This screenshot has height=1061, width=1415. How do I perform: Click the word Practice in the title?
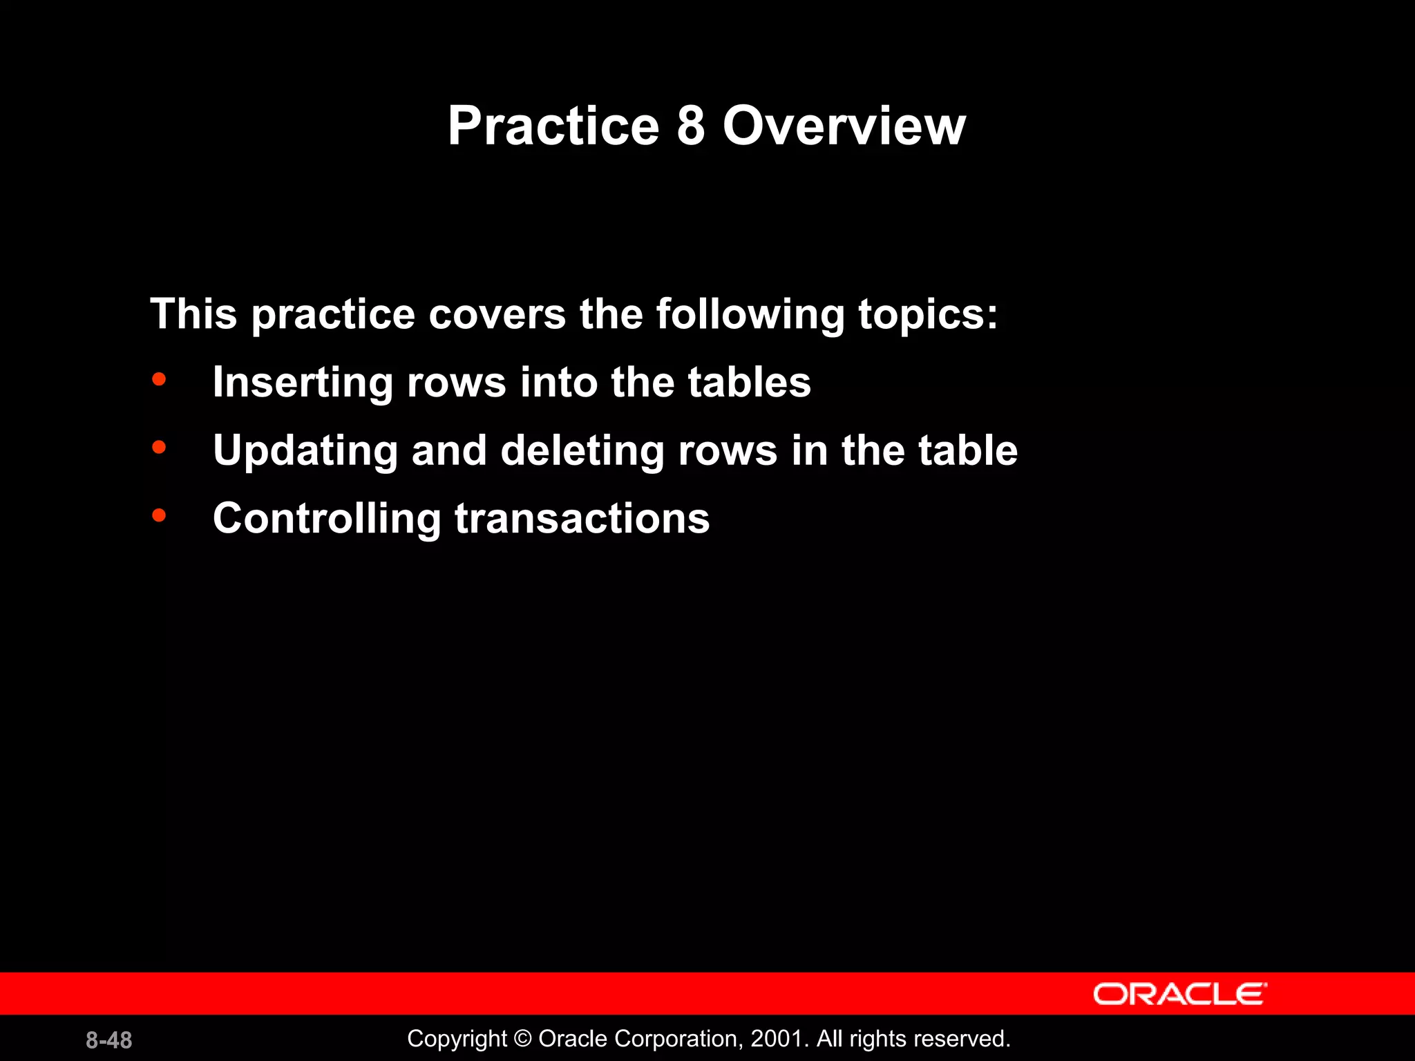pyautogui.click(x=553, y=126)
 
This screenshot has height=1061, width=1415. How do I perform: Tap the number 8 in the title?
pyautogui.click(x=690, y=126)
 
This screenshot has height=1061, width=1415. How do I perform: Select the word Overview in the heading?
pyautogui.click(x=844, y=126)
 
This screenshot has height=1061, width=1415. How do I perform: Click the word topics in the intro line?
pyautogui.click(x=927, y=314)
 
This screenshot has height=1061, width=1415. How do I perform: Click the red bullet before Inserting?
pyautogui.click(x=160, y=379)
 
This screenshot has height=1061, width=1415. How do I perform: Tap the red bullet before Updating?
pyautogui.click(x=160, y=448)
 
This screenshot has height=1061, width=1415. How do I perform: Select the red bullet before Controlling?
pyautogui.click(x=160, y=515)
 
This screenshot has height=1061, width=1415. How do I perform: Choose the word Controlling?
pyautogui.click(x=327, y=518)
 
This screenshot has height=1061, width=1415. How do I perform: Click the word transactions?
pyautogui.click(x=582, y=518)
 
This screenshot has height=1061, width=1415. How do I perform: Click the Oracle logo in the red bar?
pyautogui.click(x=1179, y=994)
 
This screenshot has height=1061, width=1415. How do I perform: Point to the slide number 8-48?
pyautogui.click(x=109, y=1040)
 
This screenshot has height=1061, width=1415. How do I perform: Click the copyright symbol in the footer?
pyautogui.click(x=523, y=1039)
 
